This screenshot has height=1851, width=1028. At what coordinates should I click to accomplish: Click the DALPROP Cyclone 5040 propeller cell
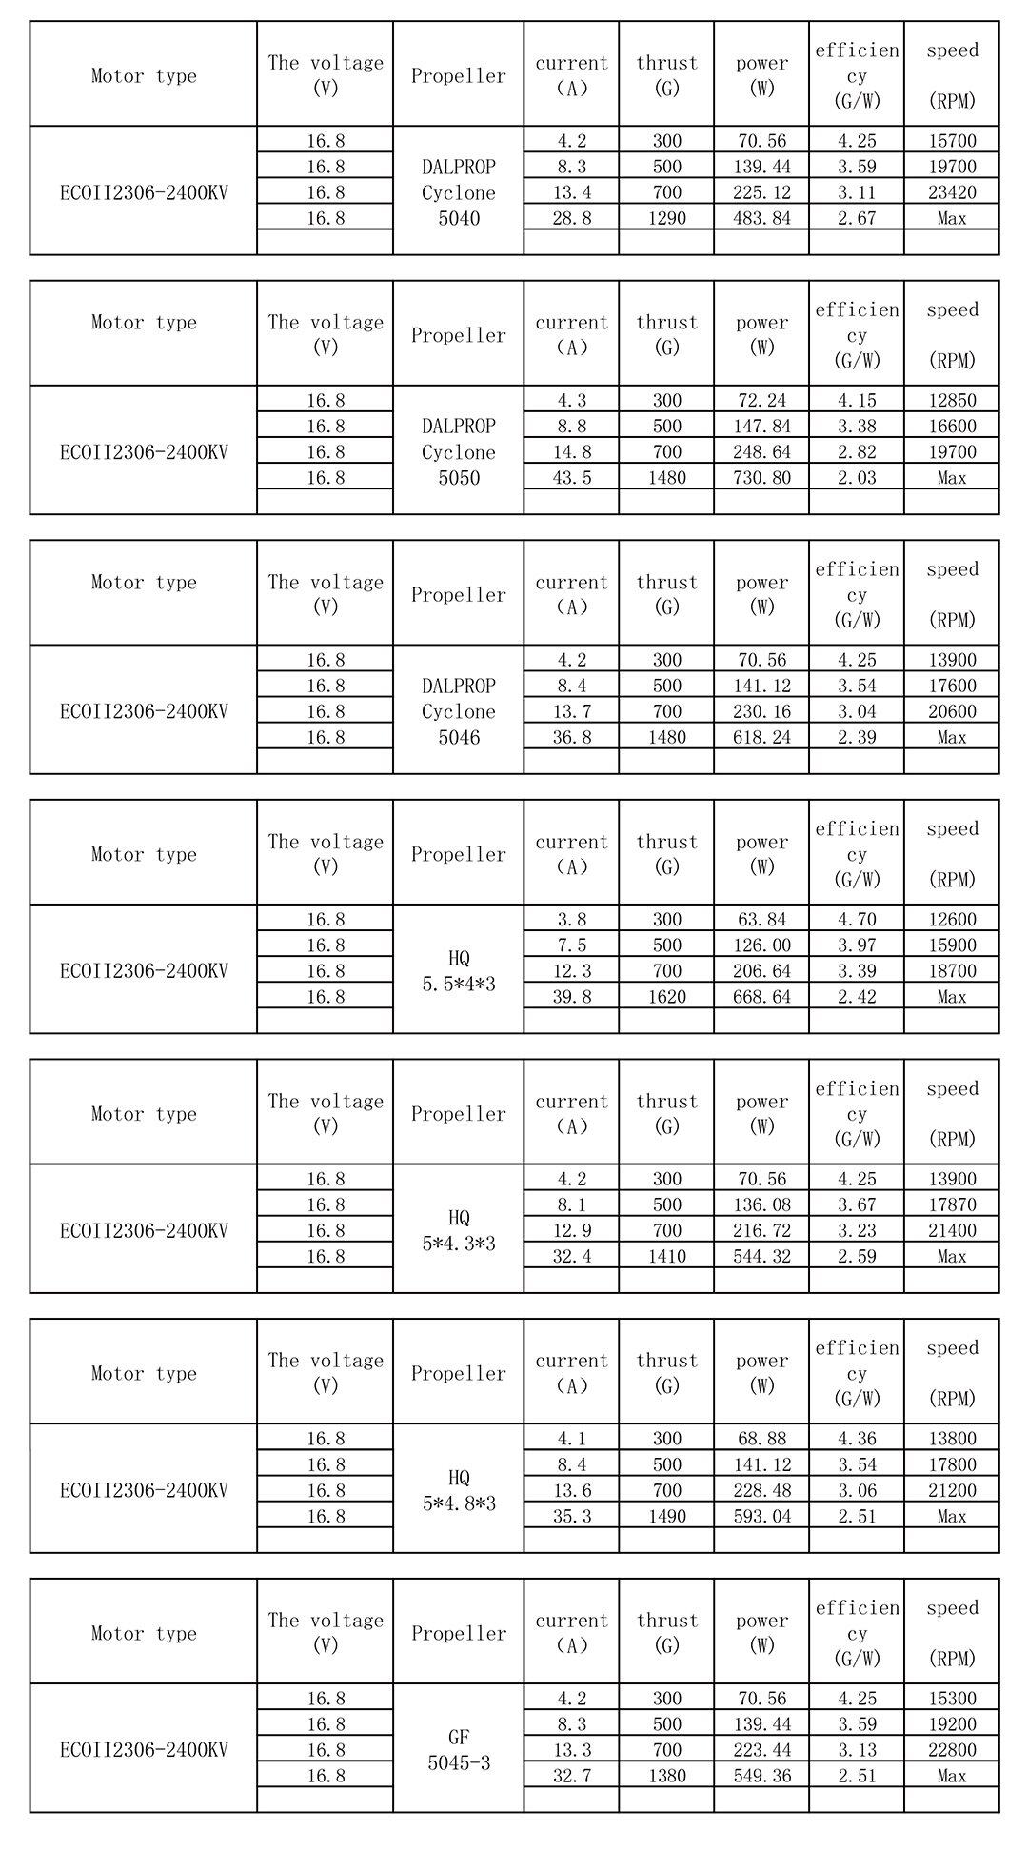[458, 191]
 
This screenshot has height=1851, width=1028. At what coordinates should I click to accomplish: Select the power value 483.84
[761, 218]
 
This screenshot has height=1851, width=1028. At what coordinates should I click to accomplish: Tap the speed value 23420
[951, 192]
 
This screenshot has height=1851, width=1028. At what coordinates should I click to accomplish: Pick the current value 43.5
[571, 478]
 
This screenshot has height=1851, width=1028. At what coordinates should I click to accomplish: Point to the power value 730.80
[761, 478]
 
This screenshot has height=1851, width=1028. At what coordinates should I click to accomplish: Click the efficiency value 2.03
[856, 478]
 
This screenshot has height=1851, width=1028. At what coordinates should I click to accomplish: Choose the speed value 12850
[951, 400]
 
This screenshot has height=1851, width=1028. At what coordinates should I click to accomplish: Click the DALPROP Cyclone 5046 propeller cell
[458, 711]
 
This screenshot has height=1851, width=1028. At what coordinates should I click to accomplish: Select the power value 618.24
[761, 737]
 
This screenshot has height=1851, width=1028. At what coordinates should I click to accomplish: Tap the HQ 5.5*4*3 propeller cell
[458, 970]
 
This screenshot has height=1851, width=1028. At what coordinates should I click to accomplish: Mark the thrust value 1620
[666, 997]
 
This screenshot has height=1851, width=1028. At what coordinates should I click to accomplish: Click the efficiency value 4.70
[856, 919]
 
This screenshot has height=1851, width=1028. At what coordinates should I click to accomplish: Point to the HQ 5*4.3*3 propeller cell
[458, 1230]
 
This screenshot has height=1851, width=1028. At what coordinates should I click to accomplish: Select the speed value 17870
[951, 1204]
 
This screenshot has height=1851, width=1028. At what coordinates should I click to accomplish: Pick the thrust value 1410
[666, 1256]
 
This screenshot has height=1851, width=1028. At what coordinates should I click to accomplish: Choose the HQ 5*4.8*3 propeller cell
[458, 1490]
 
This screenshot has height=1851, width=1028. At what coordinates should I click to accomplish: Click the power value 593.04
[761, 1516]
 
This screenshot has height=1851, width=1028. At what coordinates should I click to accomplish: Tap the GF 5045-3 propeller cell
[458, 1749]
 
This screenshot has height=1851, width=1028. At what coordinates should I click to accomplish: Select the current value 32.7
[571, 1775]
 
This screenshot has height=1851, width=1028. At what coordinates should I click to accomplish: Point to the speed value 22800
[951, 1749]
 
